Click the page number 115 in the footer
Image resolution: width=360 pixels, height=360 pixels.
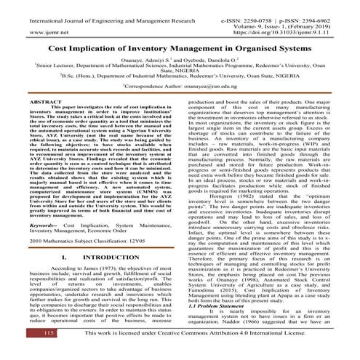pos(28,352)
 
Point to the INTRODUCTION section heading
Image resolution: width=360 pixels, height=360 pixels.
pos(100,257)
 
